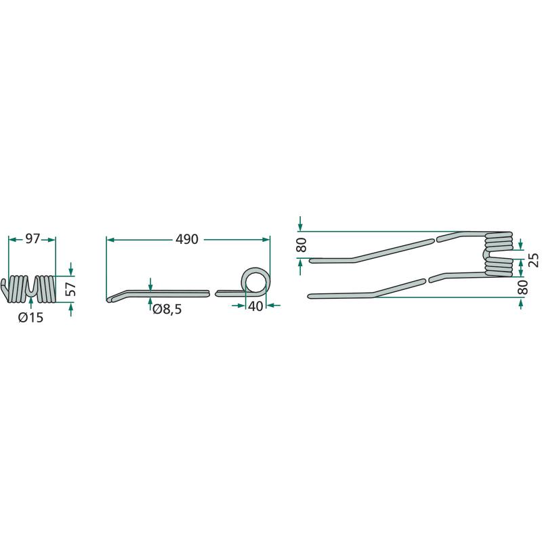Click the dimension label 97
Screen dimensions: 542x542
(33, 239)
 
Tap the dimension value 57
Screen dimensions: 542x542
(70, 289)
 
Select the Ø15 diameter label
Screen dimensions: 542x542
(31, 317)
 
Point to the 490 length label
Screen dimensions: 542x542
(187, 239)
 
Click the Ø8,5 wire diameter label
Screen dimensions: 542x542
(167, 310)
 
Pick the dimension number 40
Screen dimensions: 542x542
(255, 306)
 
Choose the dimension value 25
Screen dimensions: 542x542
(534, 260)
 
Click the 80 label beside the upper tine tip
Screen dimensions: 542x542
(301, 245)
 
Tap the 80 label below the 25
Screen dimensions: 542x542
(524, 287)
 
